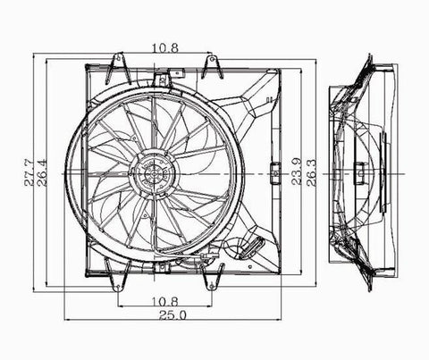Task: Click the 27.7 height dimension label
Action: (x=29, y=172)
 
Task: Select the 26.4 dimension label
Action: (x=42, y=172)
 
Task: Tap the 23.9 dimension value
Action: (x=297, y=172)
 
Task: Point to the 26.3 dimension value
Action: (x=311, y=172)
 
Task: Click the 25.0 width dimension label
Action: (x=172, y=315)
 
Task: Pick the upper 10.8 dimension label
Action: (x=165, y=47)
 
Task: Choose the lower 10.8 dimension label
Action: (x=165, y=302)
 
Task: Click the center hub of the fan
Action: (x=154, y=173)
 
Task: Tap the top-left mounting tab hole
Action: (x=119, y=57)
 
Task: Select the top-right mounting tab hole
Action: (x=212, y=59)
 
